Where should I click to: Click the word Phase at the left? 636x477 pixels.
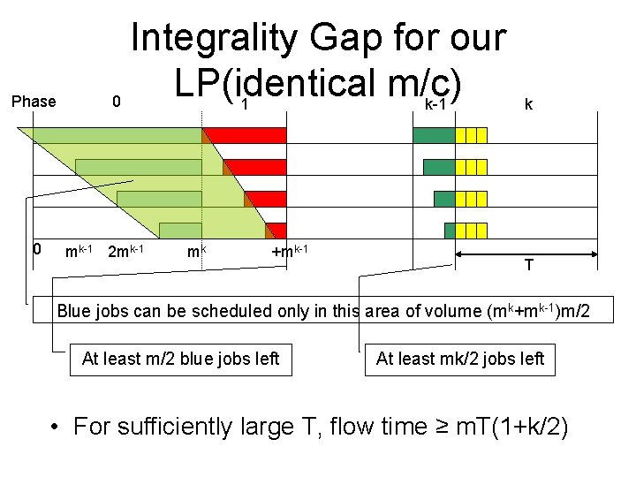click(34, 102)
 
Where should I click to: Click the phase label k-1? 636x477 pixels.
click(435, 105)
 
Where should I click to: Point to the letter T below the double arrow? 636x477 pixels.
click(527, 266)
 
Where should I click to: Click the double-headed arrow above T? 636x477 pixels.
click(527, 253)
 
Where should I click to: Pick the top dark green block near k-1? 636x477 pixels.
click(434, 135)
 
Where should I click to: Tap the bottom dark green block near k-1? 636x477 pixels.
click(449, 231)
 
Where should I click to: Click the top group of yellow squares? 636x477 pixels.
click(471, 135)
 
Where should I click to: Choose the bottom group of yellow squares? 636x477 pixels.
click(471, 231)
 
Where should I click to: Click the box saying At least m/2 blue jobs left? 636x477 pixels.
click(180, 358)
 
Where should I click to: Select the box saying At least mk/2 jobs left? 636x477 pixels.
click(459, 358)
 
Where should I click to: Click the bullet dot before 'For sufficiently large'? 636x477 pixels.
click(56, 428)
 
